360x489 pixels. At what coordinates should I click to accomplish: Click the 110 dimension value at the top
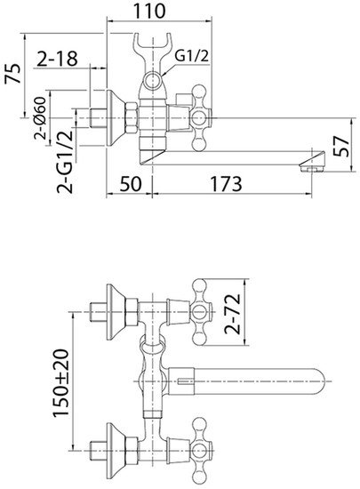[149, 11]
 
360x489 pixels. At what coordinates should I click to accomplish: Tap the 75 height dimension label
[13, 73]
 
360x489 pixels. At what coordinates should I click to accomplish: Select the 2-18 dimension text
[57, 59]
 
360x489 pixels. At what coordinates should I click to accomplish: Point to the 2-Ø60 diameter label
[40, 118]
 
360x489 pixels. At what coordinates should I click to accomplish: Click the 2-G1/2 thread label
[65, 162]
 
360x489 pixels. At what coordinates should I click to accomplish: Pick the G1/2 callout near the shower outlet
[191, 56]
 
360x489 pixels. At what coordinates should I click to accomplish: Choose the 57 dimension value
[341, 146]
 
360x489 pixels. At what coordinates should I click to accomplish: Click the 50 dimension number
[131, 184]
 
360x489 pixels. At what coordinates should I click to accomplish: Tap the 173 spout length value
[226, 184]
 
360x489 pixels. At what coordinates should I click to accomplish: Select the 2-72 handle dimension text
[233, 314]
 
